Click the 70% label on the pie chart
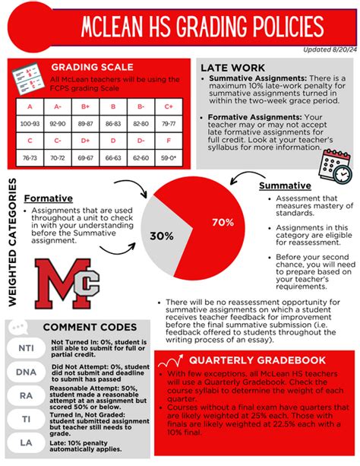pos(223,222)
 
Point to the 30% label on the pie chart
pos(161,236)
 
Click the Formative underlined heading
pos(48,198)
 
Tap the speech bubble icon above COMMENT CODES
pos(19,328)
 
